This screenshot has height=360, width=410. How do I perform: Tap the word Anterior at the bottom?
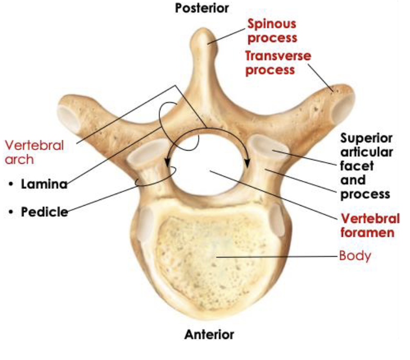pos(209,334)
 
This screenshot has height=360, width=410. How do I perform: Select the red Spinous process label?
pos(273,30)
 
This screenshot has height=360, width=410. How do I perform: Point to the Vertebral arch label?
pos(34,151)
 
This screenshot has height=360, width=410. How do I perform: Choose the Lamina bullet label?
pos(44,184)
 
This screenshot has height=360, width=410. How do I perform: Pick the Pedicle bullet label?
pos(45,213)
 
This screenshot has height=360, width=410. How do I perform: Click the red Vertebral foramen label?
pos(367,225)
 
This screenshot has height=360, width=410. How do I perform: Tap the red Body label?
pos(355,257)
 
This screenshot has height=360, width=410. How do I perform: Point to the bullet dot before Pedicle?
pos(12,213)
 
